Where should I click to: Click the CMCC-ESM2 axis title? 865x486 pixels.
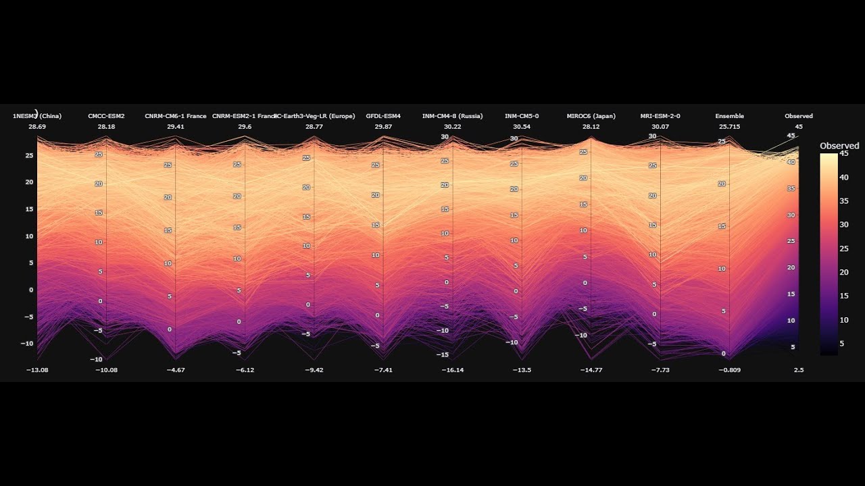point(106,116)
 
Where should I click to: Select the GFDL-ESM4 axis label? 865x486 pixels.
point(383,116)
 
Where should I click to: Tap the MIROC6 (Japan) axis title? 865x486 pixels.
point(591,116)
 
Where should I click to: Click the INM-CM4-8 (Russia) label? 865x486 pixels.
point(452,116)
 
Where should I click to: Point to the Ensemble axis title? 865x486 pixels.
point(729,116)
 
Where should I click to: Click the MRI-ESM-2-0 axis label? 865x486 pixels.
point(660,116)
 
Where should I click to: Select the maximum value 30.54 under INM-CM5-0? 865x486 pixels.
point(522,127)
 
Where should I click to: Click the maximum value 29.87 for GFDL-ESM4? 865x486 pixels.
point(383,127)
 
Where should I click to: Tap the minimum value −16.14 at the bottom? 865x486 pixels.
point(452,370)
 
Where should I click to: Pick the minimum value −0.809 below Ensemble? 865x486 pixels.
point(729,370)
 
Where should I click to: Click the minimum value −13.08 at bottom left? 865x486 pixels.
point(36,370)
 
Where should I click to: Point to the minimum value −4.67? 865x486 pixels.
point(175,370)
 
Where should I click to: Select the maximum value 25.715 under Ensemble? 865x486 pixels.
point(729,127)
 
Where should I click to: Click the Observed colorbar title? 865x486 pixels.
point(839,146)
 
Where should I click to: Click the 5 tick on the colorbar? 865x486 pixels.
point(841,343)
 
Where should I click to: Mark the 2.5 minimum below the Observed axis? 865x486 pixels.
point(798,370)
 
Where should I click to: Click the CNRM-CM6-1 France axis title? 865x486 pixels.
point(175,116)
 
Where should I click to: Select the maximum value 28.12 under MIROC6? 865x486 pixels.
point(591,127)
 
